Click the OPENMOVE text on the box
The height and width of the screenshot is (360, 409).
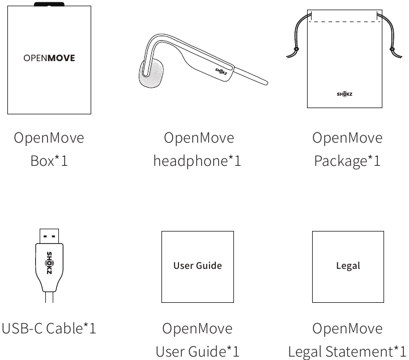tap(49, 58)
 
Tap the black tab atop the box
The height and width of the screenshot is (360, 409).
tap(49, 4)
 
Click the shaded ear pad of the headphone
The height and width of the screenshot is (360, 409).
tap(152, 73)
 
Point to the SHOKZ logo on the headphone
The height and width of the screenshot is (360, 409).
tap(221, 71)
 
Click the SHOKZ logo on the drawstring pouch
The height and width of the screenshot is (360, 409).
tap(344, 94)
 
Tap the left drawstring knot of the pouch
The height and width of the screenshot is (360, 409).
tap(296, 49)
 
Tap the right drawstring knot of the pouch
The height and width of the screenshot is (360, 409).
tap(392, 49)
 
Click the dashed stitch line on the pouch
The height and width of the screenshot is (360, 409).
tap(344, 22)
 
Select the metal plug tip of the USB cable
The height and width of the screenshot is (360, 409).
tap(49, 236)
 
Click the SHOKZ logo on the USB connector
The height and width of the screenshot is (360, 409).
tap(49, 263)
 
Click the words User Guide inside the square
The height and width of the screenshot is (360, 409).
tap(198, 265)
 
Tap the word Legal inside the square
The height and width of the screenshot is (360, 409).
tap(348, 266)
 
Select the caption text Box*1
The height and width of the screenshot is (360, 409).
tap(49, 161)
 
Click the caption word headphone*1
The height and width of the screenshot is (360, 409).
tap(197, 161)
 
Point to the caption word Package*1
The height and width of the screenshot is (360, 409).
tap(347, 161)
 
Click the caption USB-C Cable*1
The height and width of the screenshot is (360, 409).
tap(49, 328)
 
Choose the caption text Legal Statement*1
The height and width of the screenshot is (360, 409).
tap(347, 352)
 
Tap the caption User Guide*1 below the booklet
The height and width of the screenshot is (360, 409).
tap(198, 352)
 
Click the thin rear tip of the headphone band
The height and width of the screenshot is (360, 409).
tap(266, 83)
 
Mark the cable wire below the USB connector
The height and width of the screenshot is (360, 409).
tap(49, 297)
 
